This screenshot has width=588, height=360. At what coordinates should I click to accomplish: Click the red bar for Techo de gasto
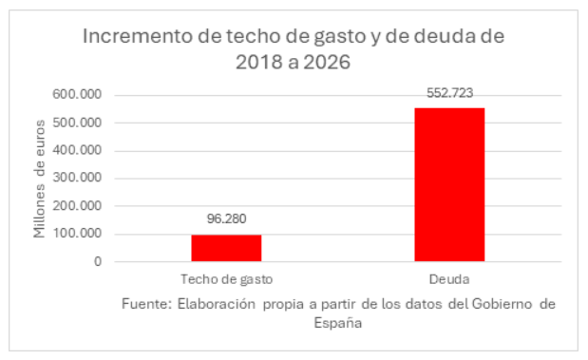click(x=226, y=247)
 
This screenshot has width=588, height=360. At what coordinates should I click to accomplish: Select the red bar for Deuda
click(x=449, y=184)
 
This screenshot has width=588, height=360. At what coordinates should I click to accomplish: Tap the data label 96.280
click(x=226, y=219)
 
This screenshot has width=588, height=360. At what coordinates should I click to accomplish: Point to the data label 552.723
click(x=449, y=93)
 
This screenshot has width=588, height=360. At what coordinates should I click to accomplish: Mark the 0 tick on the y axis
click(x=97, y=261)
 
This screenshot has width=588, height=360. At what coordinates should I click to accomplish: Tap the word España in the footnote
click(x=338, y=322)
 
